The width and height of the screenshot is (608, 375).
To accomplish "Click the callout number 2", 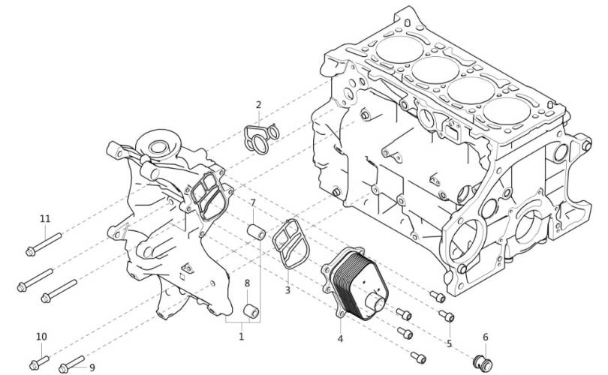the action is click(259, 104).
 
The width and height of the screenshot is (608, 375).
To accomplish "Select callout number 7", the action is click(253, 202).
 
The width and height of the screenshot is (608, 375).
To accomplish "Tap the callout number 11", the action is click(45, 219).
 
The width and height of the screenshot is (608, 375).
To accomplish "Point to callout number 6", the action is click(486, 337).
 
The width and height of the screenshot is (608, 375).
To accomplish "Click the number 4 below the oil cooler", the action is click(340, 339).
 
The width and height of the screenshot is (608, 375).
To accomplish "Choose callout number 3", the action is click(287, 290).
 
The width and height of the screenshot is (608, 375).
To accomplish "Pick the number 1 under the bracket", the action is click(241, 336).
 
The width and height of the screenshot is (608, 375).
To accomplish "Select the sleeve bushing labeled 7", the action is click(257, 232).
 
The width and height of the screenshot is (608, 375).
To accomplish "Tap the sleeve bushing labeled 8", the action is click(251, 311).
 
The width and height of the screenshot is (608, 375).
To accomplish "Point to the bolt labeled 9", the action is click(72, 364).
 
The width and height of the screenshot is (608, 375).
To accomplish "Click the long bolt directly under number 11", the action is click(44, 244).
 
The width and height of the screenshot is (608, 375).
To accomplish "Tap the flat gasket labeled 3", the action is click(290, 244).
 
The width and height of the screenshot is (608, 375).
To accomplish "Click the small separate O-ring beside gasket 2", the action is click(274, 132).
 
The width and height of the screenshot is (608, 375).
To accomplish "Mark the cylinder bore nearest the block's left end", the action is click(399, 49).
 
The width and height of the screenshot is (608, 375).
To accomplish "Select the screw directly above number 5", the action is click(447, 316).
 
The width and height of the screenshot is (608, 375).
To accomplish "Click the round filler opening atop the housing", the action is click(158, 146).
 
